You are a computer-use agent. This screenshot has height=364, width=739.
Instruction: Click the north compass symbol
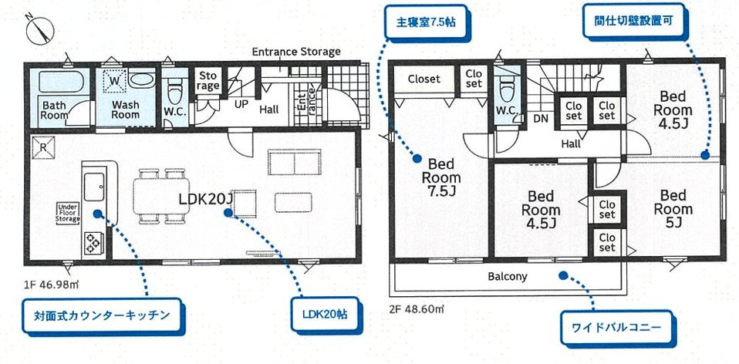[39, 30]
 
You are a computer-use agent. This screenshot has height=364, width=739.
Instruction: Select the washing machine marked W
[113, 79]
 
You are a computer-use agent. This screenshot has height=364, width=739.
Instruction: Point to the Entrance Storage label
[296, 52]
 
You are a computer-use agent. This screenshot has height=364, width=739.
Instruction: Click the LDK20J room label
[205, 199]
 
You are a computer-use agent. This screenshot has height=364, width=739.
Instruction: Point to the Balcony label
[507, 276]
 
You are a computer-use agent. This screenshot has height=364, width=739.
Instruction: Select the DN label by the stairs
[541, 120]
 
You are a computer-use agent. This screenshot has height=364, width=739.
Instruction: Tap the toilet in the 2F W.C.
[506, 90]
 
